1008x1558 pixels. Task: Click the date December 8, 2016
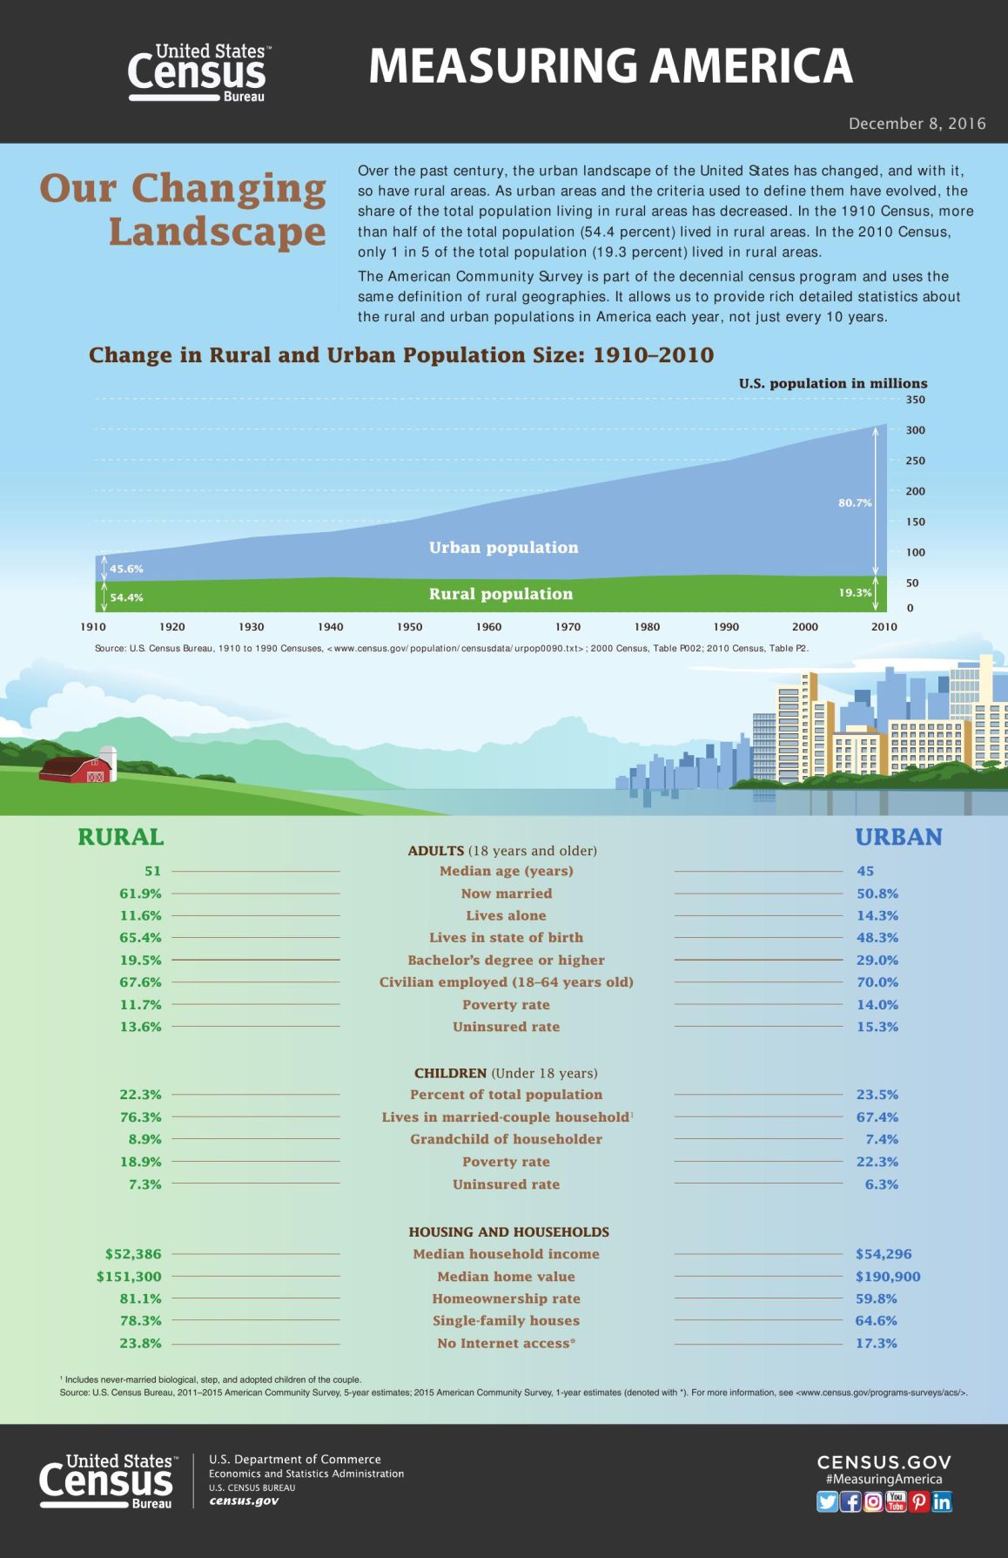pos(917,124)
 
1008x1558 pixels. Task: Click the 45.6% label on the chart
pos(126,569)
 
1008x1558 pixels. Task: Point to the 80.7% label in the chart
pos(854,502)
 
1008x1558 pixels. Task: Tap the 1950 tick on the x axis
pos(409,626)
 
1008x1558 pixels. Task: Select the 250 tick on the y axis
pos(915,461)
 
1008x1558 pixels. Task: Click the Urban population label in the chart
pos(503,547)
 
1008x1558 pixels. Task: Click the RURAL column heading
pos(120,837)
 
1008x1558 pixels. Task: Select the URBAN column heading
pos(898,837)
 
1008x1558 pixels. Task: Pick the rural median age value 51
pos(152,871)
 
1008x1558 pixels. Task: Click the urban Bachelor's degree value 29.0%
pos(877,960)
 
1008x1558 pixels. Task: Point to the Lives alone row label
pos(506,915)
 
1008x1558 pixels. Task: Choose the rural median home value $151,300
pos(129,1276)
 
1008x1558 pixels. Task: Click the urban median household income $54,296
pos(883,1254)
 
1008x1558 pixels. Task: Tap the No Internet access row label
pos(506,1343)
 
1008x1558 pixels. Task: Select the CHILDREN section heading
pos(450,1073)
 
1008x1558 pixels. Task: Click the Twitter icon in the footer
pos(827,1501)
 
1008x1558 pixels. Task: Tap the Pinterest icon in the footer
pos(919,1501)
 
